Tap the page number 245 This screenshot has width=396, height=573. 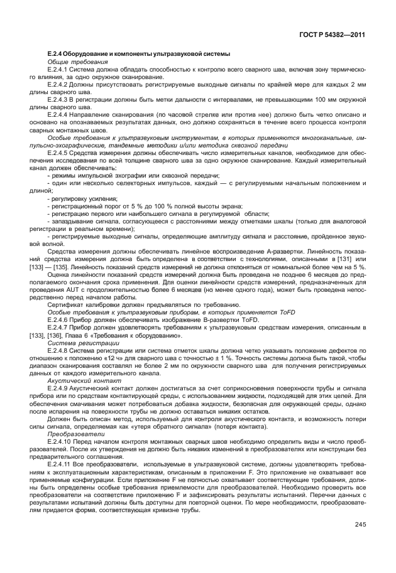pos(360,525)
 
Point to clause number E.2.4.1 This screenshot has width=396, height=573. pos(58,70)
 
